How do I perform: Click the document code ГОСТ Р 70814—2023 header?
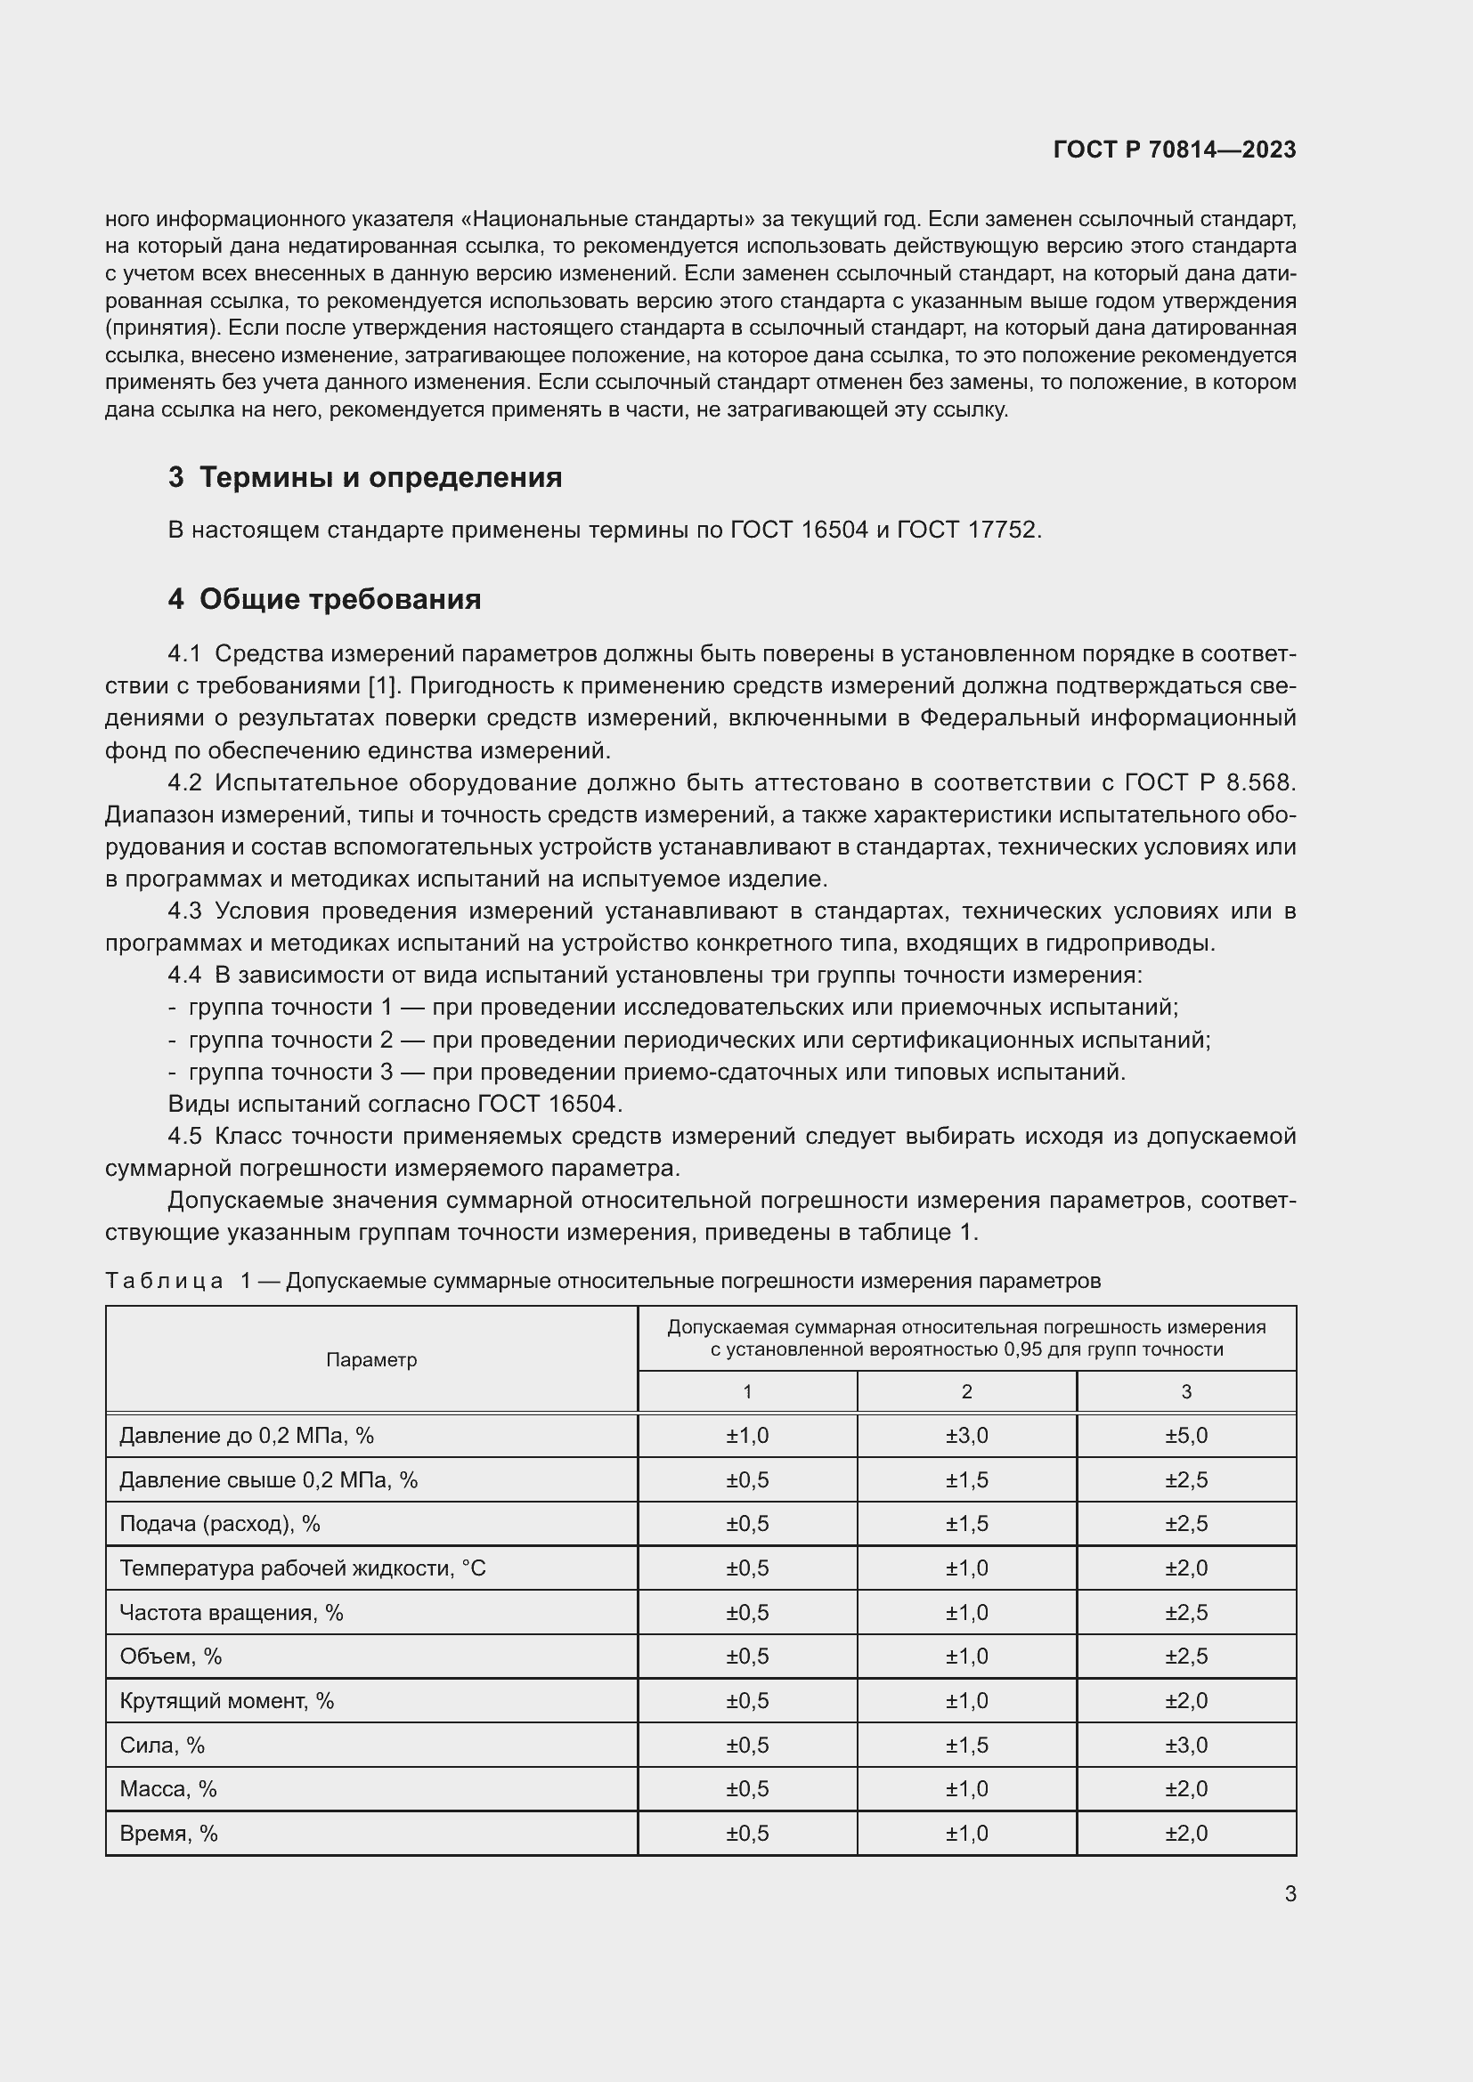1174,150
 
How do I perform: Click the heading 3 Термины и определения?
364,477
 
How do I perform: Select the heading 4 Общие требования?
324,599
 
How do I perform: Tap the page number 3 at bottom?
1290,1893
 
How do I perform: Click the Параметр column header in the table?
371,1359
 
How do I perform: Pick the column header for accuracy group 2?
966,1391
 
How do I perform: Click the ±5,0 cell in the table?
1185,1436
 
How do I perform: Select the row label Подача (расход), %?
219,1523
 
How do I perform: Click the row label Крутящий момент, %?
227,1700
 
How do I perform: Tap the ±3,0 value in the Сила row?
1185,1745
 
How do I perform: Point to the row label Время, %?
168,1833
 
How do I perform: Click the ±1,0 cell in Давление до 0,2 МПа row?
746,1436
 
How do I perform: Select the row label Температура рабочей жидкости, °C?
302,1568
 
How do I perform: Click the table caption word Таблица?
164,1280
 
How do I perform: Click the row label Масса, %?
167,1788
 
